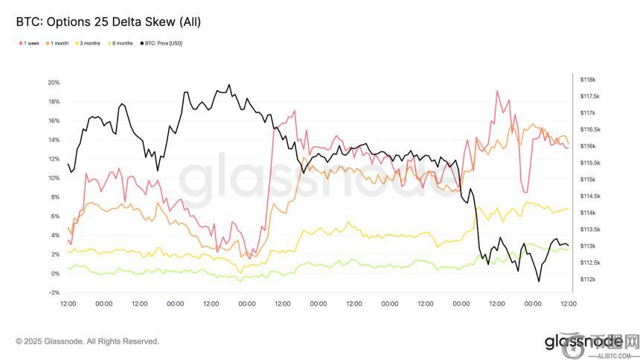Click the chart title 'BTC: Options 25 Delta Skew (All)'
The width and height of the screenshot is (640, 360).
pyautogui.click(x=108, y=22)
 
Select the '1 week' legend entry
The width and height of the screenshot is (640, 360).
pyautogui.click(x=30, y=43)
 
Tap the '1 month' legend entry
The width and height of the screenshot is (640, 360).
pyautogui.click(x=58, y=43)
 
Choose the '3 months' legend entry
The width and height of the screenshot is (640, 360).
pyautogui.click(x=89, y=43)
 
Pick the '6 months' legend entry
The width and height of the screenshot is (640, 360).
pyautogui.click(x=122, y=43)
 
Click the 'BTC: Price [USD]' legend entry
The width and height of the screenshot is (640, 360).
pyautogui.click(x=163, y=43)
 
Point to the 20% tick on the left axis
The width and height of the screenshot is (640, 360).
pyautogui.click(x=53, y=82)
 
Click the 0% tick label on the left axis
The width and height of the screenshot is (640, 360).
pyautogui.click(x=54, y=274)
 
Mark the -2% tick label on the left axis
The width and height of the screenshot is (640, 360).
pyautogui.click(x=53, y=293)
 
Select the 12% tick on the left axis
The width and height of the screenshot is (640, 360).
pyautogui.click(x=53, y=158)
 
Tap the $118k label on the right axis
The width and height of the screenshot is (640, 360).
pyautogui.click(x=587, y=80)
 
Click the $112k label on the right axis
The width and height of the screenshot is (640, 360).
pyautogui.click(x=587, y=279)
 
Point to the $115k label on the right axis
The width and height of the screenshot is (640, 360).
pyautogui.click(x=587, y=179)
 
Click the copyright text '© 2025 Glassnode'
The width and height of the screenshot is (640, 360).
pyautogui.click(x=87, y=341)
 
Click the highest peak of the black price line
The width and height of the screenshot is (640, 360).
pyautogui.click(x=228, y=85)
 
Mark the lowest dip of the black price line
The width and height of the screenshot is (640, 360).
pyautogui.click(x=538, y=281)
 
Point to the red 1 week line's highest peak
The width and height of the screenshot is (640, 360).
pyautogui.click(x=496, y=91)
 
